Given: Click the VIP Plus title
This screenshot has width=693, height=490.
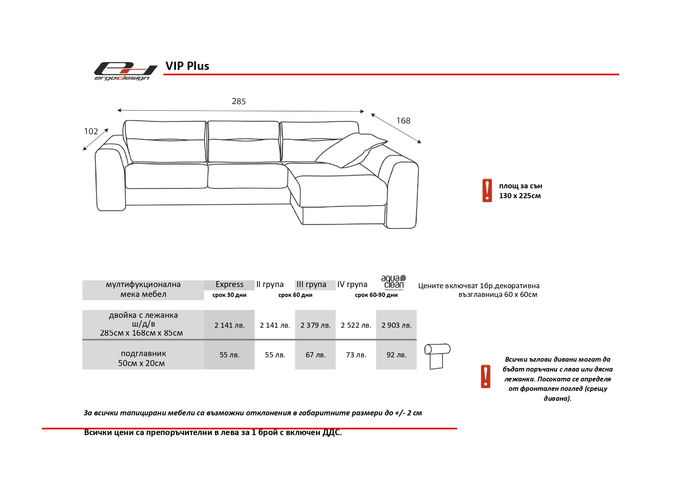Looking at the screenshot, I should (187, 66).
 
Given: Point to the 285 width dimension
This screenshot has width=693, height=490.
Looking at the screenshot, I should (239, 101).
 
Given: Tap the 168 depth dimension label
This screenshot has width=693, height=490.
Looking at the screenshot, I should (403, 121).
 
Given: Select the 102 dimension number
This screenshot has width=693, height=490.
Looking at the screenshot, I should (91, 131).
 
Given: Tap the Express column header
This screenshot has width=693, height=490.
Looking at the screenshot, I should (229, 284).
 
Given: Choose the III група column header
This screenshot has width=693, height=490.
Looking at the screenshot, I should (312, 284).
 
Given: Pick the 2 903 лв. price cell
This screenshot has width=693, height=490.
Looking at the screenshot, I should (396, 325).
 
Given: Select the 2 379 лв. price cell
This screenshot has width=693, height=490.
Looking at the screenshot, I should (316, 325).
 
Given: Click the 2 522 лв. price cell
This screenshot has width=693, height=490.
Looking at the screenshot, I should (356, 325).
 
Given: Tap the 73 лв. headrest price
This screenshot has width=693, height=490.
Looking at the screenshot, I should (356, 355).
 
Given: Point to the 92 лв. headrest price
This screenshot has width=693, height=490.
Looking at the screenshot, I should (396, 355).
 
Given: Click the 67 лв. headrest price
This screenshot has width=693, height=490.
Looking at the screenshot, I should (316, 355).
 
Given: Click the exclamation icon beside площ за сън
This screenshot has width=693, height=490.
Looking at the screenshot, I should (487, 190).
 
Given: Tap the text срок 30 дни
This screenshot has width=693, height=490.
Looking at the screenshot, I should (229, 295).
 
